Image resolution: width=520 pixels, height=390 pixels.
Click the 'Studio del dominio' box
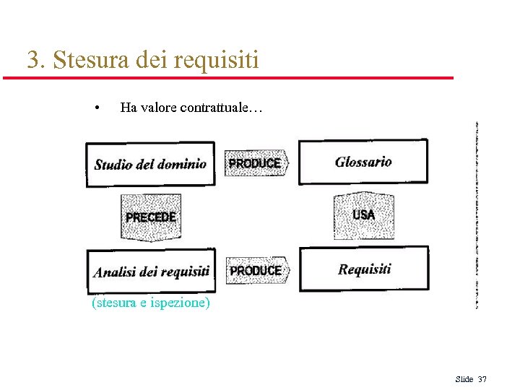150,164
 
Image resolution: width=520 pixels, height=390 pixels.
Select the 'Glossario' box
363,161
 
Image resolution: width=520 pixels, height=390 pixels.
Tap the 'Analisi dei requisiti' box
151,271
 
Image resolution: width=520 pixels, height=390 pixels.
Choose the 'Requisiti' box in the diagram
364,269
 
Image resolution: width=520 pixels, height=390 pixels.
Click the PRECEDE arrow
151,217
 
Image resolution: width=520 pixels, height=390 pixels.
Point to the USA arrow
364,215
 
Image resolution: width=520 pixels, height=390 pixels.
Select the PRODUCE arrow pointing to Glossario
256,164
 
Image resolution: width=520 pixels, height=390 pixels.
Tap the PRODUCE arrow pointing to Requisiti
256,271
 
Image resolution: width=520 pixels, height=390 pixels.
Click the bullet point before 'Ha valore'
97,109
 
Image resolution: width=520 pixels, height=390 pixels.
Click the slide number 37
482,379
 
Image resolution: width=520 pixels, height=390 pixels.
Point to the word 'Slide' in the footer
464,379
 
